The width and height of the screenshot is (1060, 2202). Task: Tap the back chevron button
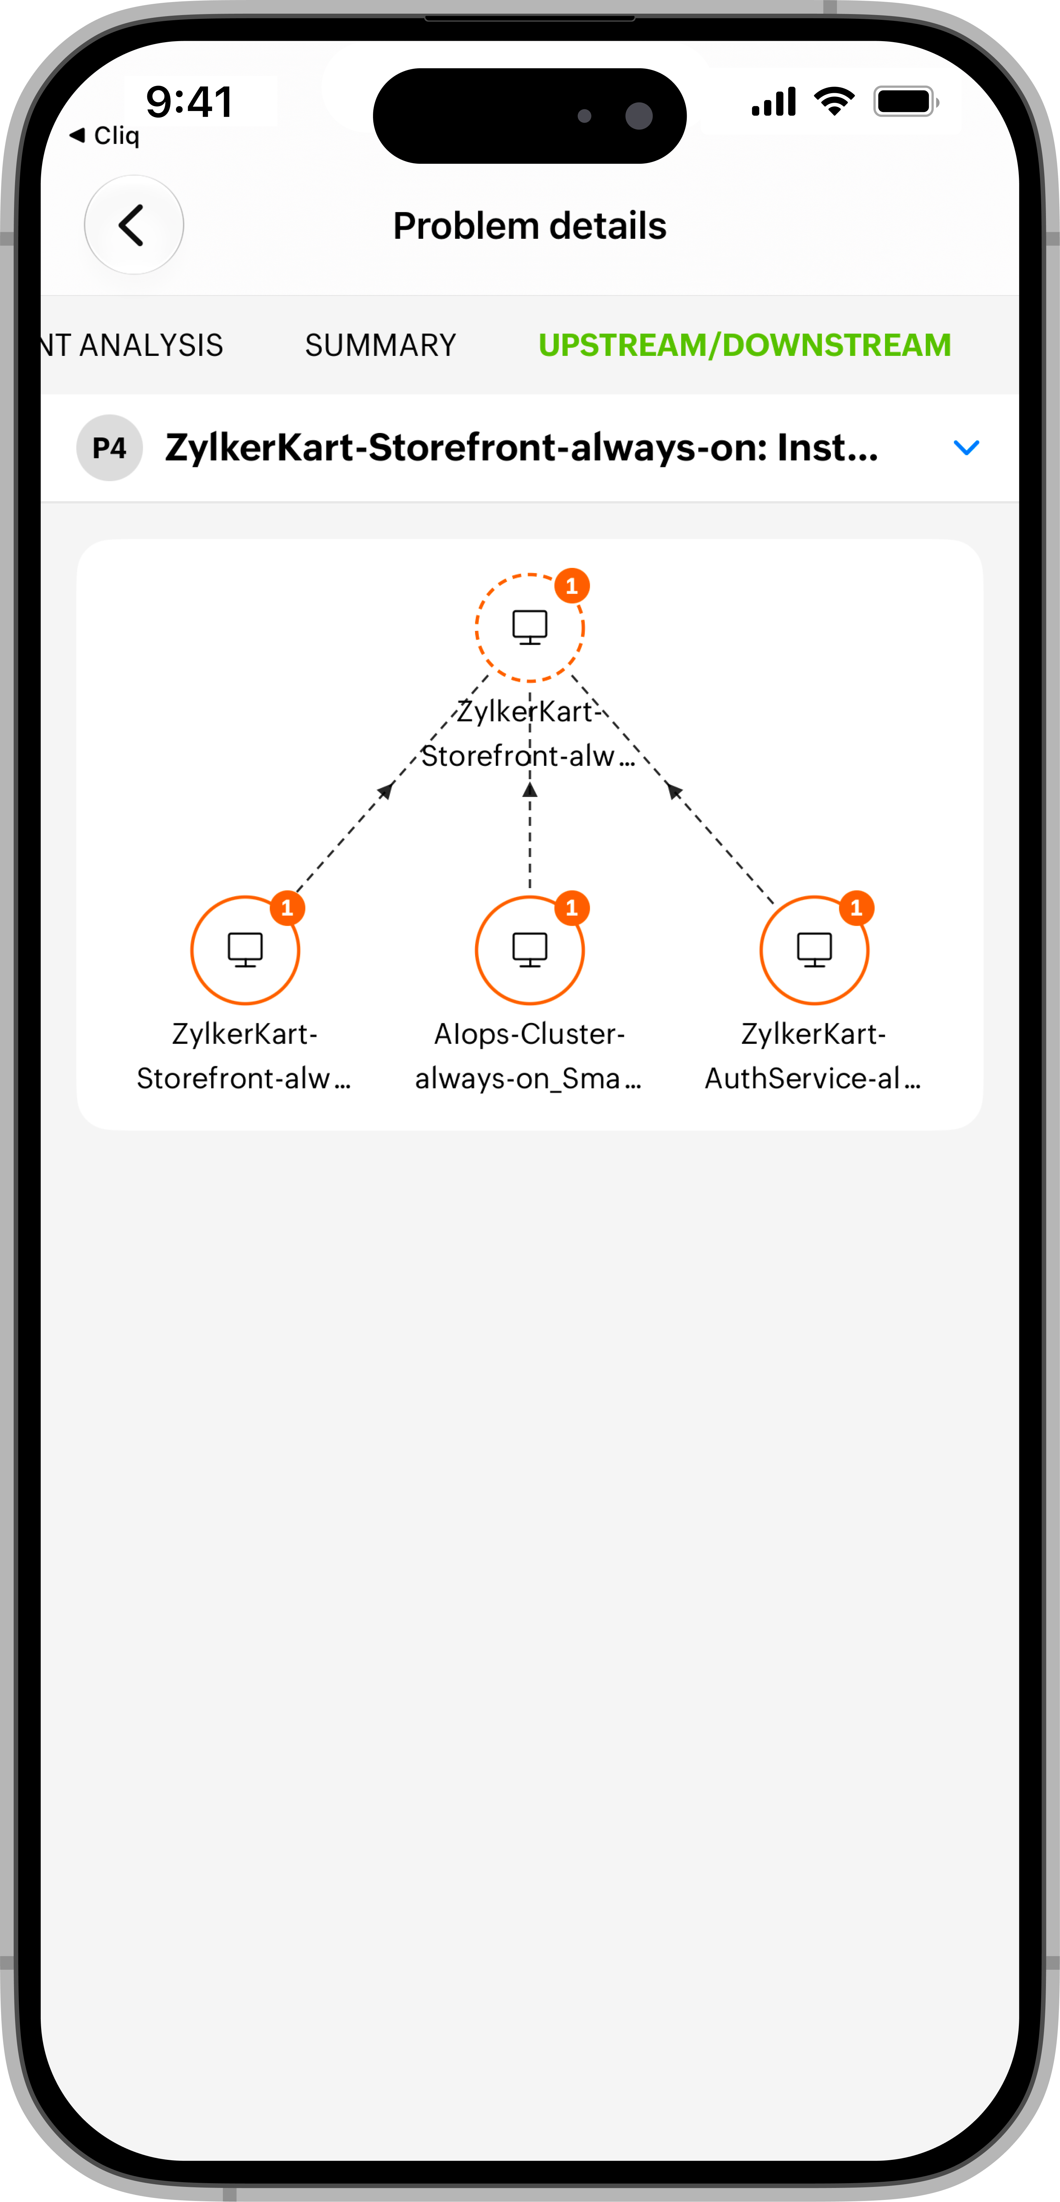[133, 225]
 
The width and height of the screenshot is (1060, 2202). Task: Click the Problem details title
[529, 226]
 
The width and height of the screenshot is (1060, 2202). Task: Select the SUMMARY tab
[381, 345]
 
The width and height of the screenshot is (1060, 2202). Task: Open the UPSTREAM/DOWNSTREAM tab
[745, 345]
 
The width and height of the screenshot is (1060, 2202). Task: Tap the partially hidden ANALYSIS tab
[133, 345]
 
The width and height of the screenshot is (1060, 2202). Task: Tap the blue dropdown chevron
[966, 447]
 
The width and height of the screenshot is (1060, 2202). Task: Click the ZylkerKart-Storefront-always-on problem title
[522, 447]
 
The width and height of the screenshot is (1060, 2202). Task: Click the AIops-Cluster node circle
[530, 1004]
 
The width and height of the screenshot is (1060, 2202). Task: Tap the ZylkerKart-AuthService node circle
[815, 1004]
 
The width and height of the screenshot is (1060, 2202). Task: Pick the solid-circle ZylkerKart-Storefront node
[245, 1004]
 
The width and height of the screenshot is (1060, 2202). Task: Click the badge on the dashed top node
[572, 586]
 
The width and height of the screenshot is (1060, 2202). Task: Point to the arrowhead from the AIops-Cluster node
[530, 789]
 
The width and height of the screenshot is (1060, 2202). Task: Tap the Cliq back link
[104, 135]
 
